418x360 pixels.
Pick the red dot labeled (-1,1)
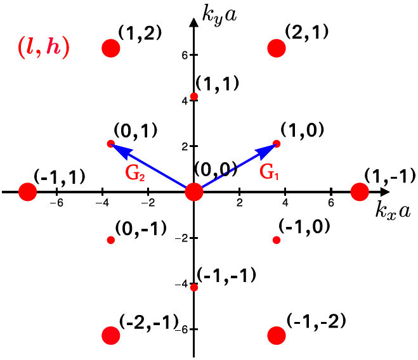click(27, 191)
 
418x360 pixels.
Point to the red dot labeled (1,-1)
click(360, 191)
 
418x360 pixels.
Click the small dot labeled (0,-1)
click(111, 240)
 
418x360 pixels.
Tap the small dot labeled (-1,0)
click(277, 240)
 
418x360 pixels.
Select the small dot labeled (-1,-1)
click(194, 287)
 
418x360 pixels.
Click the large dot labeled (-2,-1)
click(111, 335)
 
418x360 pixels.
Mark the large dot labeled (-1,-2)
click(277, 335)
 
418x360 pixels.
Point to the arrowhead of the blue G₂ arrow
click(117, 147)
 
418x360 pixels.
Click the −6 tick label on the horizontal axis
click(56, 203)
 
